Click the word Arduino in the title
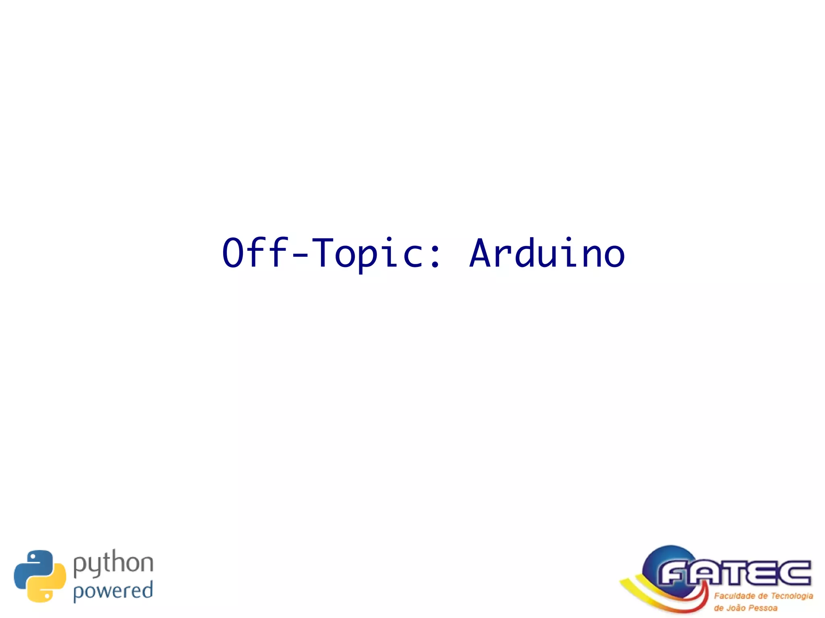(547, 253)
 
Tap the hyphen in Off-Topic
(300, 254)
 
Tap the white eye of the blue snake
(33, 558)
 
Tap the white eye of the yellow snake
(47, 594)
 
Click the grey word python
(113, 564)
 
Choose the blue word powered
(113, 591)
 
